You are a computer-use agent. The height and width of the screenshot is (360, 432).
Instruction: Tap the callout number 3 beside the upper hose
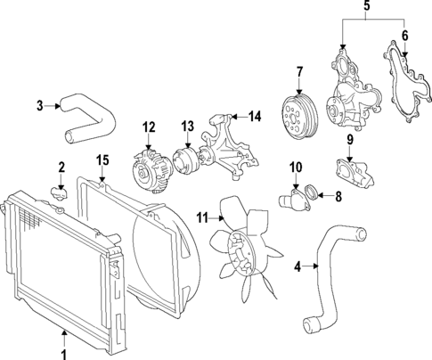[40, 106]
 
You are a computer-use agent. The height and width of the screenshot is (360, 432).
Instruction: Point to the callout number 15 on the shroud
[102, 160]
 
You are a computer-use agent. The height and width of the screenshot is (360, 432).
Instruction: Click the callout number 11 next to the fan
[202, 217]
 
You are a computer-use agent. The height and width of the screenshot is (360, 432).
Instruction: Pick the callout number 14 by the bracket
[255, 117]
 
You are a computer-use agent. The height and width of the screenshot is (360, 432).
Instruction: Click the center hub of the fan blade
[240, 246]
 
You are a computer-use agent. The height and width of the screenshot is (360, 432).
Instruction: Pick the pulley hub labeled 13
[188, 160]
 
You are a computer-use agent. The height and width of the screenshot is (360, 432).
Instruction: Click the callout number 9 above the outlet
[350, 140]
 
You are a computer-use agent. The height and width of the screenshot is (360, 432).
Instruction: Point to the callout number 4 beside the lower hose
[298, 265]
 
